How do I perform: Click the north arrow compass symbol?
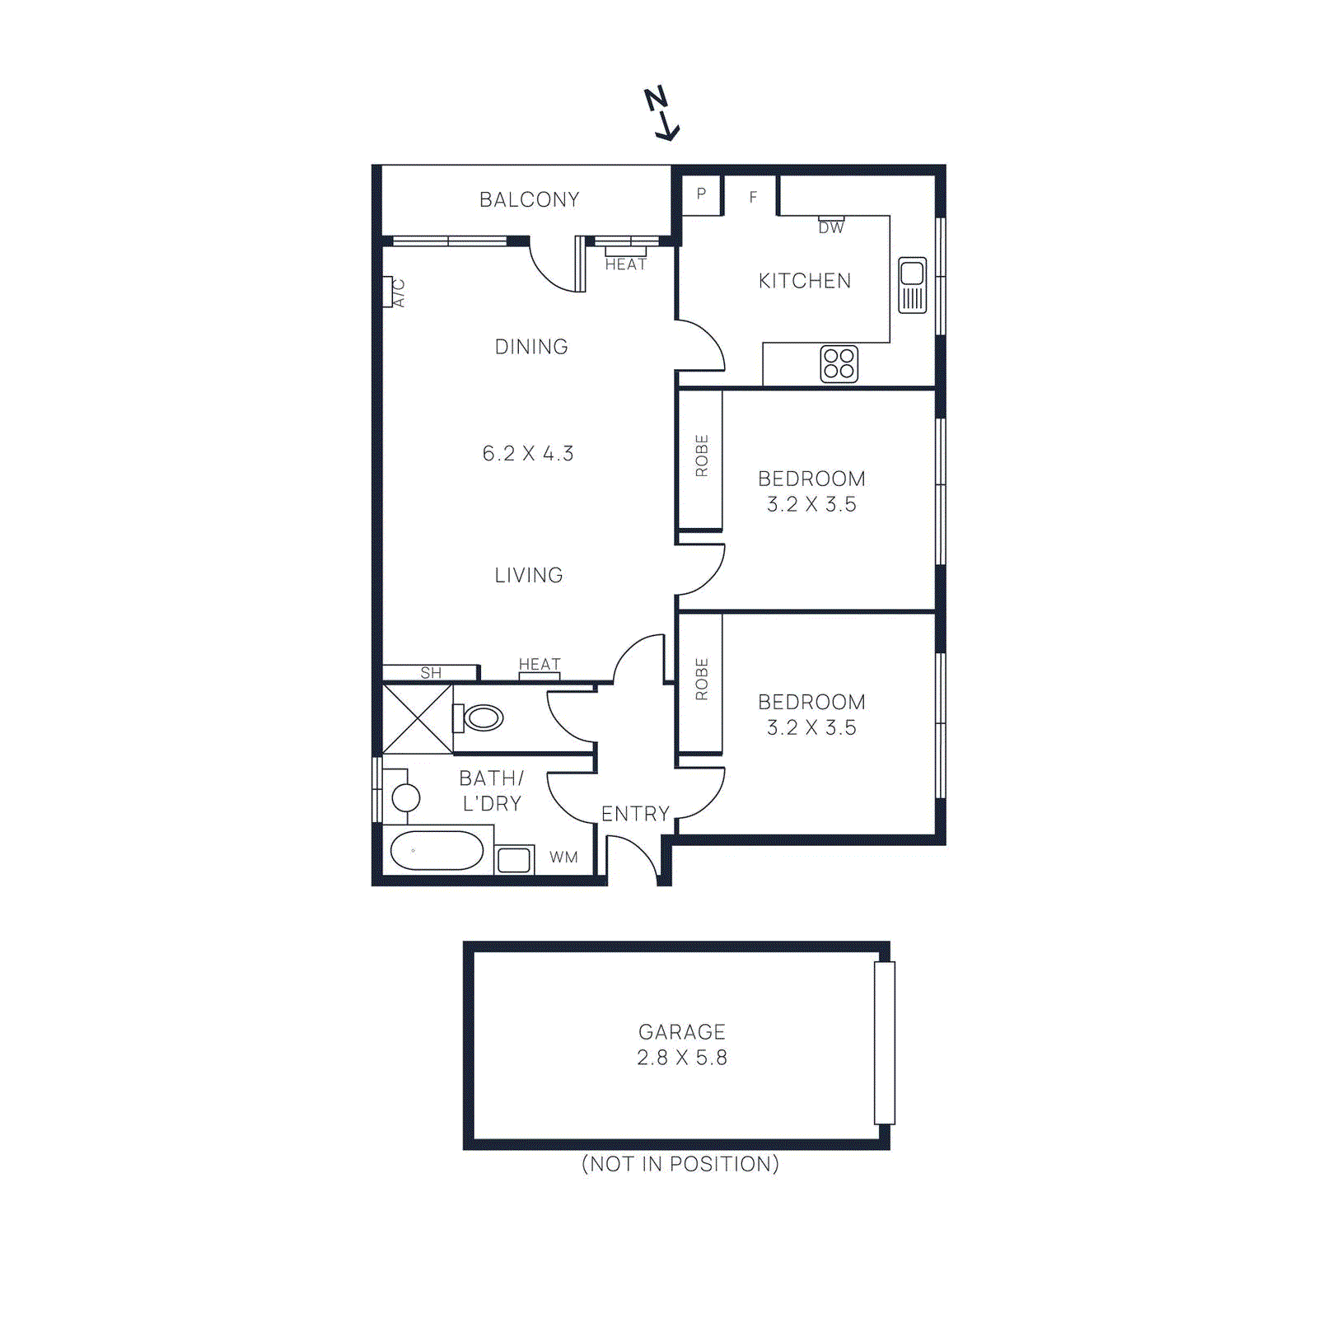pyautogui.click(x=661, y=114)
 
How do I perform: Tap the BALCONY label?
pyautogui.click(x=529, y=200)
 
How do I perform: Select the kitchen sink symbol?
pyautogui.click(x=912, y=285)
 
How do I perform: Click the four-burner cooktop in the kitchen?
pyautogui.click(x=839, y=364)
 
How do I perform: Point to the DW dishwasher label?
pyautogui.click(x=830, y=228)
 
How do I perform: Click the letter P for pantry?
pyautogui.click(x=701, y=194)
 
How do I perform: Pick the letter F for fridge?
pyautogui.click(x=752, y=197)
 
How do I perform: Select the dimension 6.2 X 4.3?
pyautogui.click(x=528, y=454)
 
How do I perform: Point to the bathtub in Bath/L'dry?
pyautogui.click(x=437, y=851)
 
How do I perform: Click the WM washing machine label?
pyautogui.click(x=563, y=858)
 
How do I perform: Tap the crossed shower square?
pyautogui.click(x=418, y=719)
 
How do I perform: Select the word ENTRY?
pyautogui.click(x=635, y=814)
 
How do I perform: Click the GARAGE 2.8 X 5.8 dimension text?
pyautogui.click(x=682, y=1058)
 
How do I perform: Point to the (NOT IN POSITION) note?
pyautogui.click(x=680, y=1164)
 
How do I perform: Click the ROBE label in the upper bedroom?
pyautogui.click(x=702, y=456)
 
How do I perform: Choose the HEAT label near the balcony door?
pyautogui.click(x=625, y=264)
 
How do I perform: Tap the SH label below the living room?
pyautogui.click(x=431, y=673)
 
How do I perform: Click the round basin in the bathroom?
pyautogui.click(x=405, y=797)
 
